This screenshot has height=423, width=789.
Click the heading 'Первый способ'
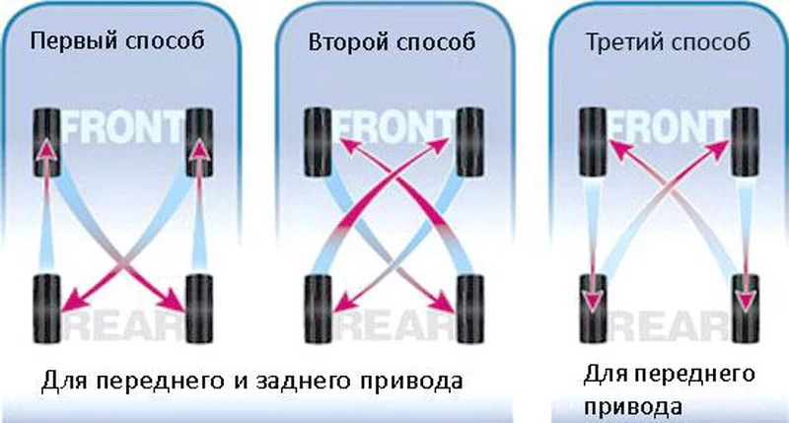point(117,41)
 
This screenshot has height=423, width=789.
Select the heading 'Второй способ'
point(392,42)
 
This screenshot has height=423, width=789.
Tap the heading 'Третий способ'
point(668,42)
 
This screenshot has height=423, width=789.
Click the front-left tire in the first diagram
point(46,142)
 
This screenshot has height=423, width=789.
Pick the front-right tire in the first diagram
point(199,142)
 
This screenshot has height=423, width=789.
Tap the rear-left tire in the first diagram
point(46,309)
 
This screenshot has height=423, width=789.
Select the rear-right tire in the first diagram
point(199,309)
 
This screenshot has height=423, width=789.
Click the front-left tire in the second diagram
point(318,142)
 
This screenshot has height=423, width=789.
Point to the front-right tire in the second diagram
point(470,142)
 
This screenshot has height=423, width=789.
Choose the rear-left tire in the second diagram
point(318,309)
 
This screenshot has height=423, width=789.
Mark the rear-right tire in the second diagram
point(470,309)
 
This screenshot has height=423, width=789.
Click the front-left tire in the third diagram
point(593,142)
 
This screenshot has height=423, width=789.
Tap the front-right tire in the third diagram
point(746,142)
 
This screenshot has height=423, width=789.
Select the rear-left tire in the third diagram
point(593,309)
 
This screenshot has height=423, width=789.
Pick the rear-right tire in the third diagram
point(746,309)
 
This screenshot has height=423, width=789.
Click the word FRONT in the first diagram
point(123,127)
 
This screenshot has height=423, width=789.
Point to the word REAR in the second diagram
point(395,325)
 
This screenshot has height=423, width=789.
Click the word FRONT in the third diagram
point(670,127)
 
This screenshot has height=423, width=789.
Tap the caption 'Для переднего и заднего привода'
point(251,382)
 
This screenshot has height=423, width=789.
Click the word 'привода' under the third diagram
point(633,406)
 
